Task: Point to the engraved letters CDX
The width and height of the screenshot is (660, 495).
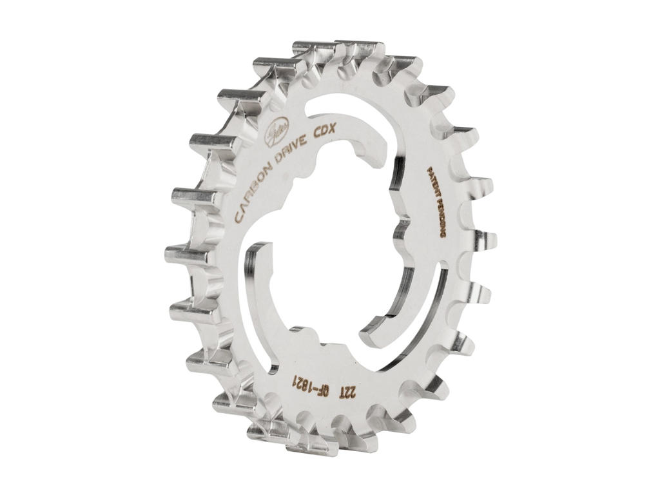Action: coord(345,131)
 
